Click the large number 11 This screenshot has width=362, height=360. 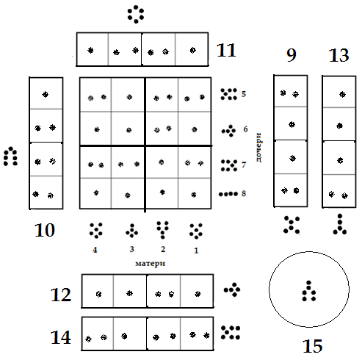click(x=226, y=50)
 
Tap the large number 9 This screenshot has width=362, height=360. click(x=292, y=55)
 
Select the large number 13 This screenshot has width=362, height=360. click(x=339, y=55)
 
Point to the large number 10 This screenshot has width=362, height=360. click(x=45, y=230)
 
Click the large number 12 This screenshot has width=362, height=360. click(x=61, y=295)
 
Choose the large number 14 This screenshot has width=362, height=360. click(x=61, y=337)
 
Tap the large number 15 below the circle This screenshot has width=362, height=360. click(x=313, y=346)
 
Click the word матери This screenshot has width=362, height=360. click(x=151, y=264)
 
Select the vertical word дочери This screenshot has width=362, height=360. click(x=258, y=148)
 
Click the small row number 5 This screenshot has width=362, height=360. click(x=244, y=94)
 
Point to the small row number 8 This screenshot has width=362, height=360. click(x=244, y=193)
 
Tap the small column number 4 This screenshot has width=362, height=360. click(x=95, y=250)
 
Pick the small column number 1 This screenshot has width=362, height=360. click(x=196, y=251)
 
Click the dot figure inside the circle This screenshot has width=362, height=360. click(x=309, y=291)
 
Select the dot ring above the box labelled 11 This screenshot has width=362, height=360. click(x=136, y=15)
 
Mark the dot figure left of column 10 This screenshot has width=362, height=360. click(x=10, y=156)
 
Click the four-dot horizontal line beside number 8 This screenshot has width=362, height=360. click(x=228, y=194)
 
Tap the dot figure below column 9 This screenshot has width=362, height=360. click(x=292, y=225)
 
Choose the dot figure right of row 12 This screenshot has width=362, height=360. click(x=232, y=289)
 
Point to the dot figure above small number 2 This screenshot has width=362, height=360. click(x=163, y=230)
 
